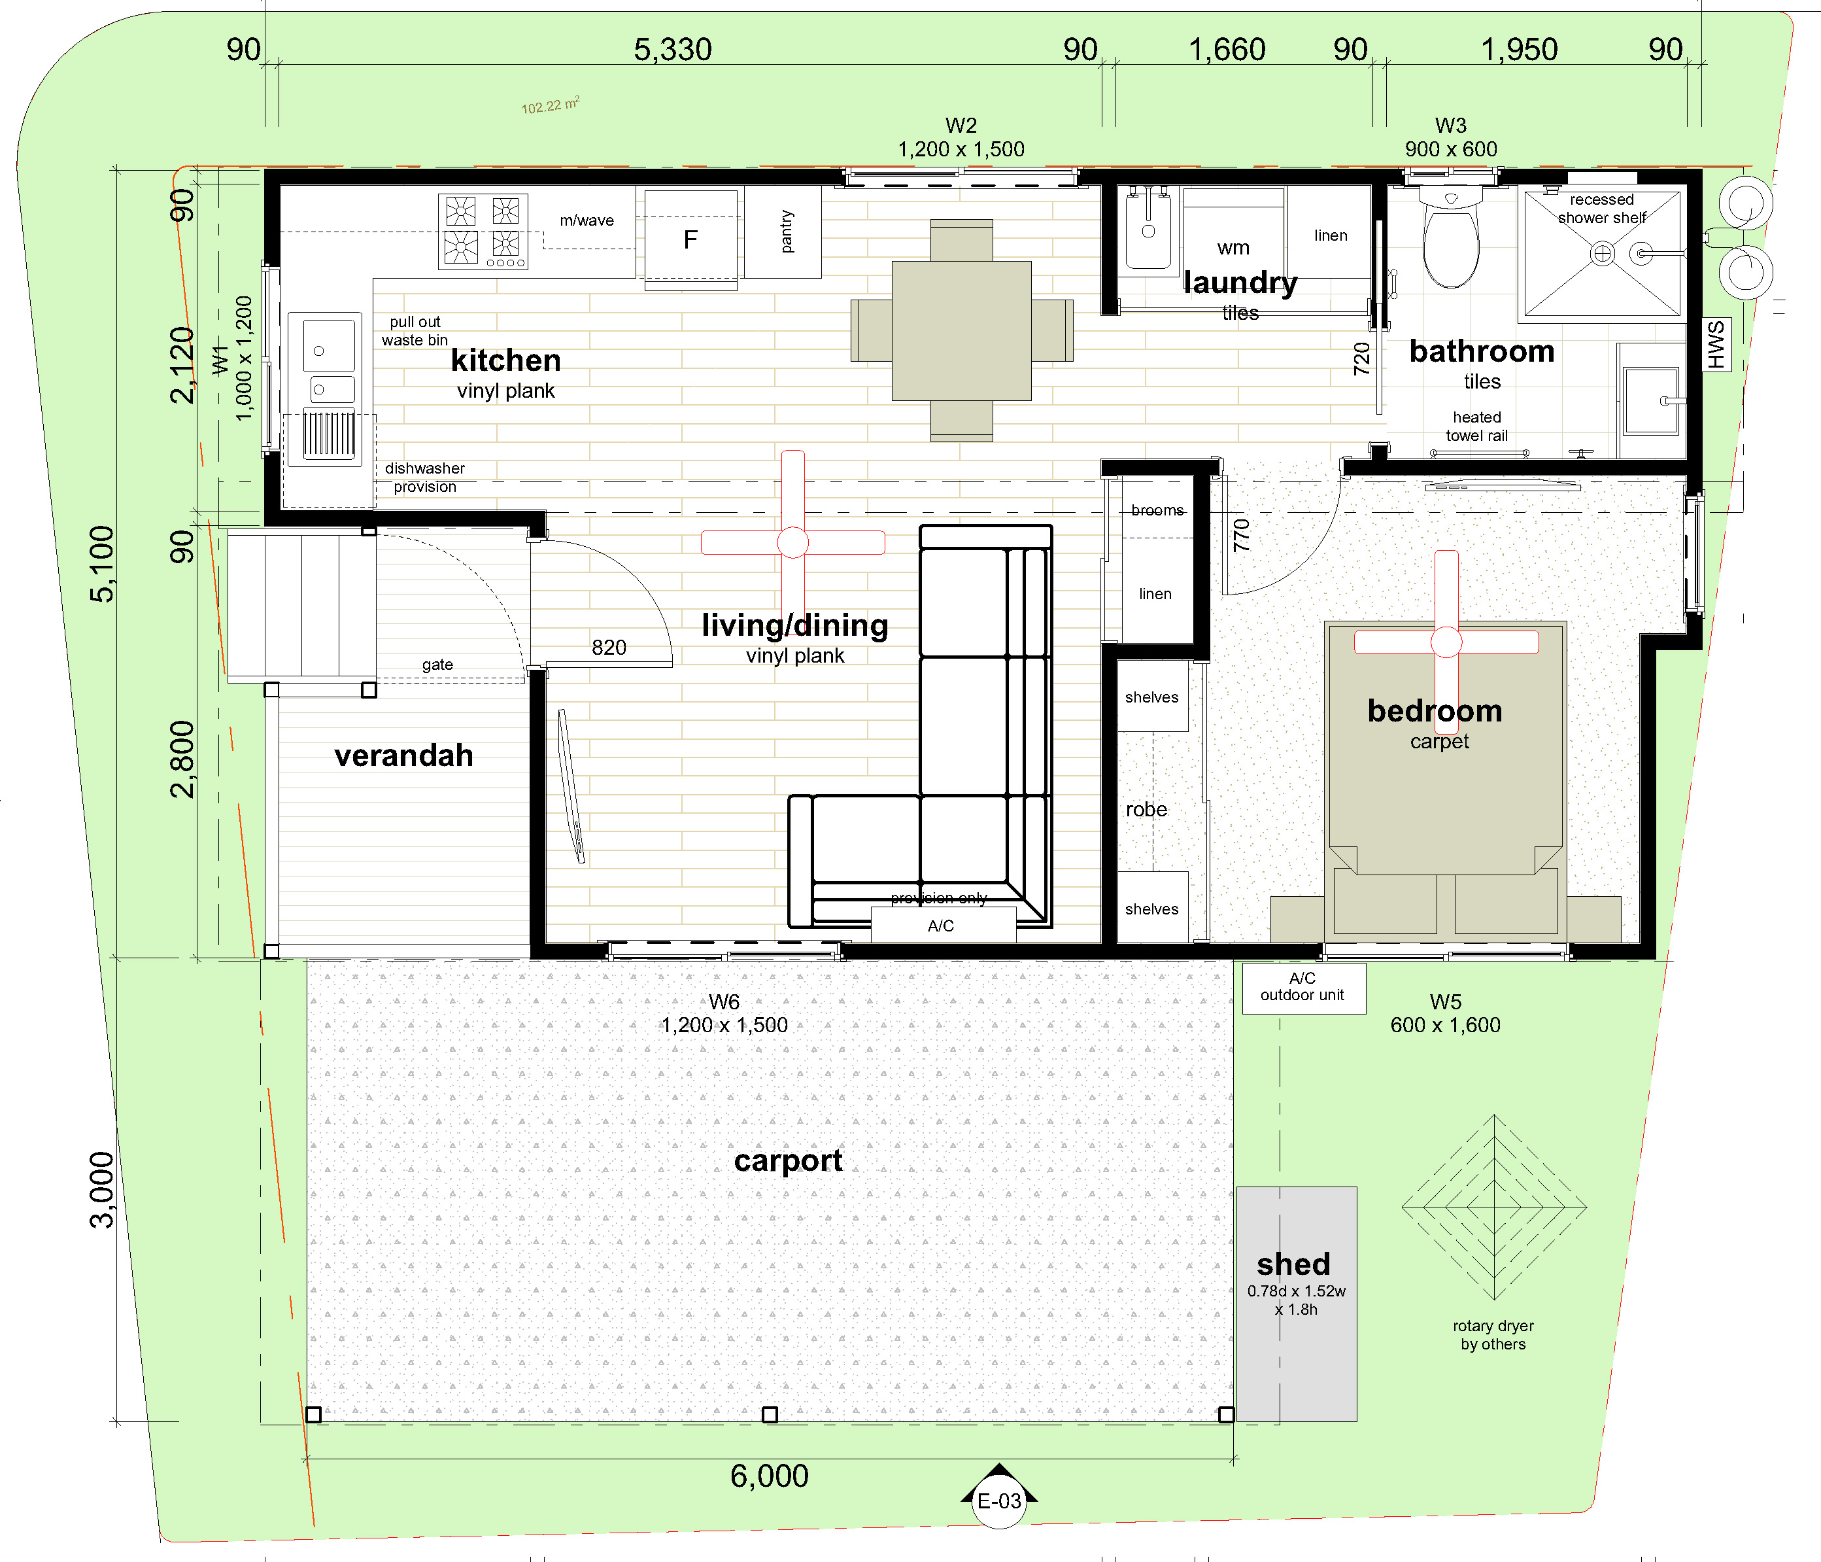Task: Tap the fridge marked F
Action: (x=690, y=239)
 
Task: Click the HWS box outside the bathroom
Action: (x=1716, y=345)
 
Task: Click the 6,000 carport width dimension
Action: (x=769, y=1476)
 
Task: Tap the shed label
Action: (x=1294, y=1264)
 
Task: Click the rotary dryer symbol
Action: (x=1494, y=1207)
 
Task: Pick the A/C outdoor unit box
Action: (x=1303, y=988)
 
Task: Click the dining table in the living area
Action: (x=961, y=330)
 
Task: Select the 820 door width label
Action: (x=609, y=648)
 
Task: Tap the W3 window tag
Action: (x=1451, y=126)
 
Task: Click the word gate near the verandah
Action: (x=437, y=665)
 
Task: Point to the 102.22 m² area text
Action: (x=550, y=105)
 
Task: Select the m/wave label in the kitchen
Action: (x=587, y=220)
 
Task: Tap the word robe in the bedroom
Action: (x=1147, y=810)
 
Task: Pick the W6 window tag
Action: (x=724, y=1002)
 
